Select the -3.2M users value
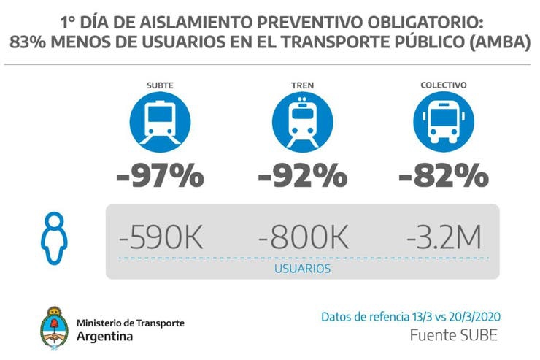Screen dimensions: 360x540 click(444, 238)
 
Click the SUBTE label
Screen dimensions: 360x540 click(160, 85)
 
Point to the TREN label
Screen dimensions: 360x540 click(302, 85)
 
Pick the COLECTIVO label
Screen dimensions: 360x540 click(444, 85)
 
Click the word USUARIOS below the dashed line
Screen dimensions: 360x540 click(302, 268)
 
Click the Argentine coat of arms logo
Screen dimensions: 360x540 click(55, 326)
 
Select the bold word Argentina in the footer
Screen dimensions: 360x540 click(105, 337)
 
